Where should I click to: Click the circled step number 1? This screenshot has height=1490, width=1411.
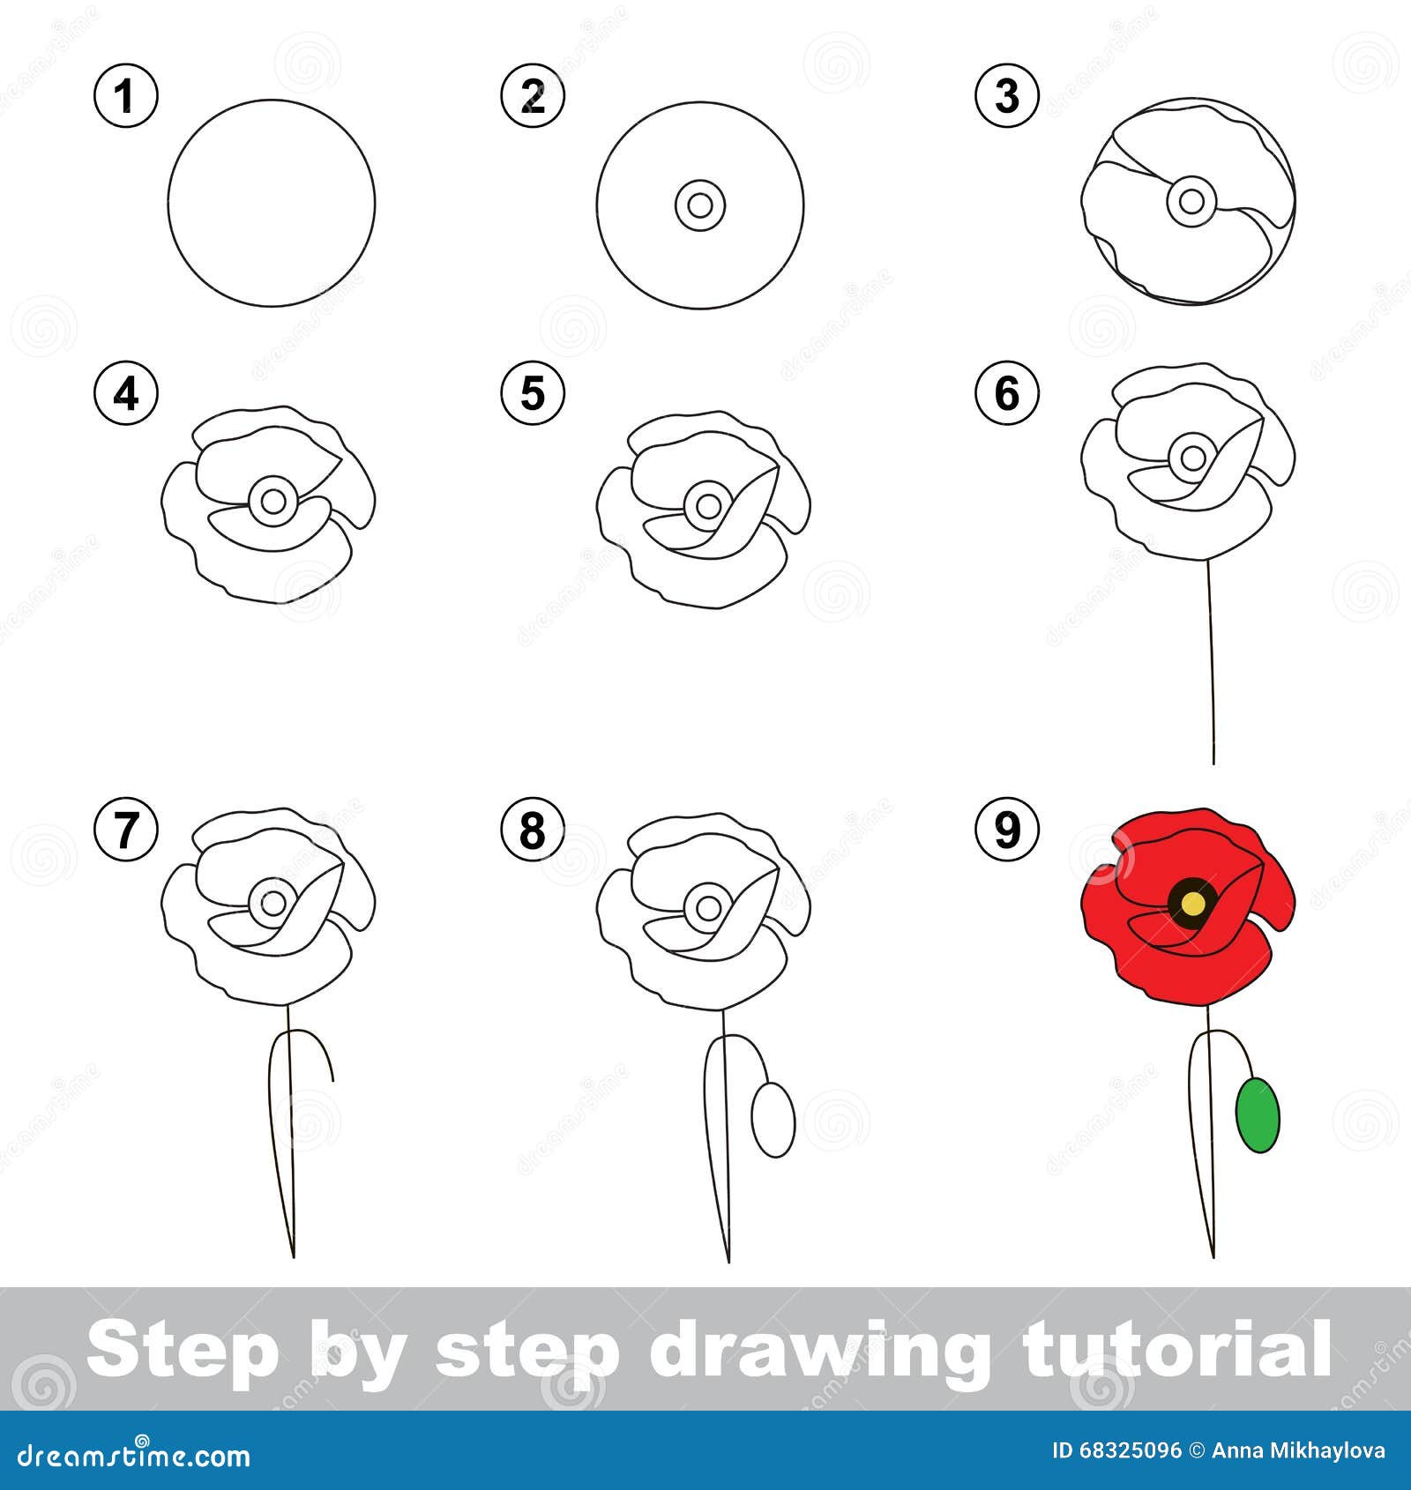click(x=126, y=96)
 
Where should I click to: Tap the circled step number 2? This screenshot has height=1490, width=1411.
click(x=533, y=96)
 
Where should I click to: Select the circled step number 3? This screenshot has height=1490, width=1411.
click(x=1007, y=96)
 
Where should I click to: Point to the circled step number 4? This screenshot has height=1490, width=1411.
click(x=126, y=393)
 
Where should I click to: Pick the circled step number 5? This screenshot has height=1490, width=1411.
click(x=533, y=393)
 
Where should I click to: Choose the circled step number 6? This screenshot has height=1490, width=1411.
click(x=1007, y=393)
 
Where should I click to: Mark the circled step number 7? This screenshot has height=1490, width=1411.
click(x=126, y=829)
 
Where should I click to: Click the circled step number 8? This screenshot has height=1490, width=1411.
click(x=533, y=829)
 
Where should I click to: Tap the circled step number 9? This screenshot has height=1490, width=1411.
click(x=1007, y=829)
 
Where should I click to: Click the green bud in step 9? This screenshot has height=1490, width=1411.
click(x=1258, y=1115)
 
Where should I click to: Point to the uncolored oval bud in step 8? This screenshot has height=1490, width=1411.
click(x=773, y=1120)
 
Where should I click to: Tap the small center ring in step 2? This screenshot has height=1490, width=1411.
click(x=700, y=206)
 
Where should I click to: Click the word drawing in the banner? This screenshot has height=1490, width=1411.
click(x=816, y=1350)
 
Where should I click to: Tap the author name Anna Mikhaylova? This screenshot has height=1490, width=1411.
click(x=1298, y=1451)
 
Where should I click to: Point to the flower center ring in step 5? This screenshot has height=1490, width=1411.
click(x=707, y=506)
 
